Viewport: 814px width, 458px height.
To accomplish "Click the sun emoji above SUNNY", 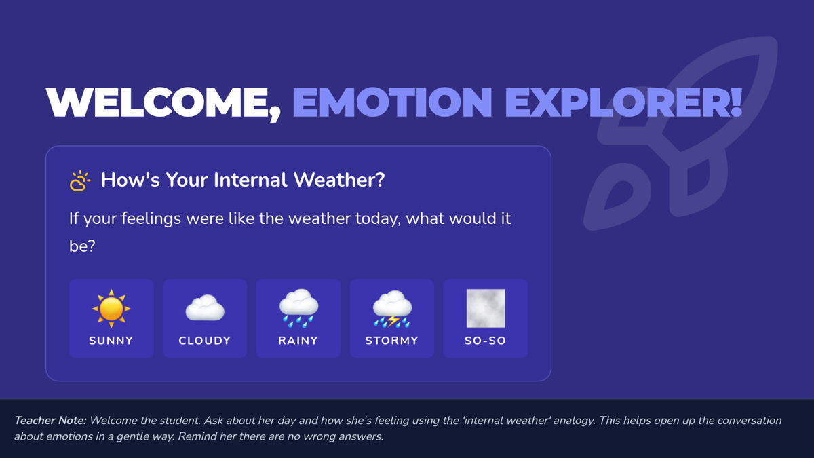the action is [x=111, y=309].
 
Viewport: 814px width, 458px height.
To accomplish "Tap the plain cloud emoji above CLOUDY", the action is [x=205, y=308].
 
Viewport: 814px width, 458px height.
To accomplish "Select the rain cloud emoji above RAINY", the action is [x=298, y=308].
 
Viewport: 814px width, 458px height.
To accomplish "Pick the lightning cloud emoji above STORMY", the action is [x=392, y=309].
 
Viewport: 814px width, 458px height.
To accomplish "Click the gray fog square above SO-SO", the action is [x=486, y=308].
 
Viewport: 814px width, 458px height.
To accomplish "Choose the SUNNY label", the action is [x=111, y=341].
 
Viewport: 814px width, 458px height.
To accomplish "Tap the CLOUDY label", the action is [x=205, y=341].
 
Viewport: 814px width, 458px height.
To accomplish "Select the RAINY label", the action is [x=298, y=341].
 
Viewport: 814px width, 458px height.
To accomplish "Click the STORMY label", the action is [x=392, y=341].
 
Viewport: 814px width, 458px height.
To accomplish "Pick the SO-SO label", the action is [x=486, y=341].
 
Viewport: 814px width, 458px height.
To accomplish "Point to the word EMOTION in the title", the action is [x=393, y=102].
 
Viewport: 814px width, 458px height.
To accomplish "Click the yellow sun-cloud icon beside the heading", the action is [x=80, y=180].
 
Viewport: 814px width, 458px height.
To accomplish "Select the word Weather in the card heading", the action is [x=339, y=180].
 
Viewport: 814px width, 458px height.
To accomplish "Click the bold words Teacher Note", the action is [x=50, y=421].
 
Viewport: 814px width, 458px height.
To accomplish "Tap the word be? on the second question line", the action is [x=82, y=246].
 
